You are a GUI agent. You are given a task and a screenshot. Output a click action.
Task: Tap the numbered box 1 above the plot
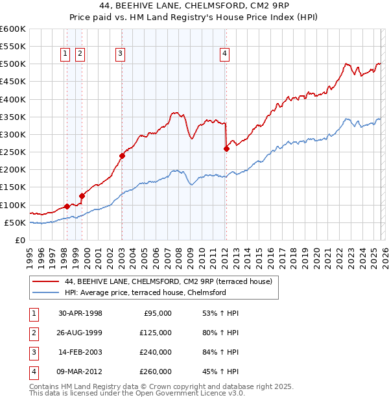pyautogui.click(x=66, y=54)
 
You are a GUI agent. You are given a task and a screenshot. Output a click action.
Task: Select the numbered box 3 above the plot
pyautogui.click(x=121, y=54)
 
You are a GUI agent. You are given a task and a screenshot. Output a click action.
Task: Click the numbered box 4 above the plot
pyautogui.click(x=224, y=54)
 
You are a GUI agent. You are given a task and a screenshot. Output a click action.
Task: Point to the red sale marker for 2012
pyautogui.click(x=226, y=148)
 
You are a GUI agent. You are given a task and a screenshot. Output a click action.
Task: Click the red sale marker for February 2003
pyautogui.click(x=122, y=156)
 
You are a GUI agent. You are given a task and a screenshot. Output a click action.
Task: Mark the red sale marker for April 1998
pyautogui.click(x=67, y=206)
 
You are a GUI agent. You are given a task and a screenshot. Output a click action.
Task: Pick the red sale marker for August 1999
pyautogui.click(x=82, y=196)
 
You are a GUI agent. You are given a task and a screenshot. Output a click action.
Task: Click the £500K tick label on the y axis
pyautogui.click(x=13, y=64)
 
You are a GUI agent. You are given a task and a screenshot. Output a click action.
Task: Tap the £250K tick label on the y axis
pyautogui.click(x=13, y=152)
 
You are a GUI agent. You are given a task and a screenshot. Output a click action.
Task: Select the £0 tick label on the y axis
pyautogui.click(x=20, y=240)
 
